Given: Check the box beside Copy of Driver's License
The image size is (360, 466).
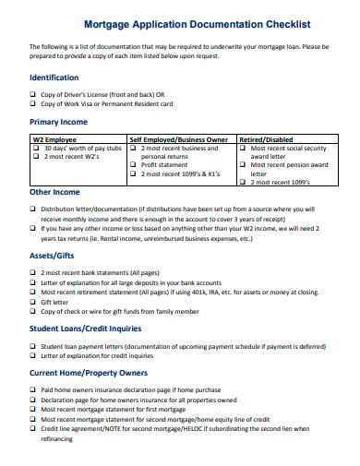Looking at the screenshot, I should [34, 93].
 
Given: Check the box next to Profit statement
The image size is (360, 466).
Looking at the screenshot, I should [135, 165].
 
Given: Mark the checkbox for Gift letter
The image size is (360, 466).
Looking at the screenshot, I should [34, 301].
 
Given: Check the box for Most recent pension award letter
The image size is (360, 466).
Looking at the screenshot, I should [244, 165].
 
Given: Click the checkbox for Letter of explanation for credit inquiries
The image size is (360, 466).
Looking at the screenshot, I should [34, 355].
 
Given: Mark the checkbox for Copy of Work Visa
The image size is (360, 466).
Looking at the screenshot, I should [34, 103].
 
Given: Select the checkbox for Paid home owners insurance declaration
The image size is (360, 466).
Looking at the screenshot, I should [34, 390].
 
